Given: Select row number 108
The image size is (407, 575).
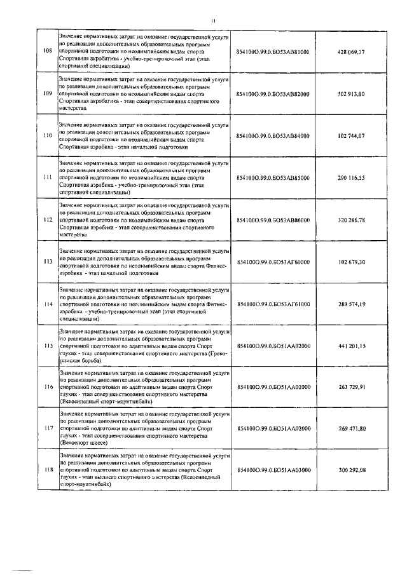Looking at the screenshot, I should coord(46,51).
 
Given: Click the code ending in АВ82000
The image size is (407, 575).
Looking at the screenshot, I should coord(272,93).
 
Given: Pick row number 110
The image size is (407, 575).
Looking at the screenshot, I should coord(46,136).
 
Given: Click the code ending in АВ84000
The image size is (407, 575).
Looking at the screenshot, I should coord(272,136).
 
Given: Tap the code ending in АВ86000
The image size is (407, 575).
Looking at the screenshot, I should coord(272,220).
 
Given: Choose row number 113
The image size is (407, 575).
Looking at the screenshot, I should coord(46,262).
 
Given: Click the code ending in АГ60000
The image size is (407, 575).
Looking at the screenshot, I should coord(272,262).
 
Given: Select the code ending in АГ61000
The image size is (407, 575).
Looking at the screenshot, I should coord(272,304).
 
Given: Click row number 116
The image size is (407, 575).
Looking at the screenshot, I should coord(46,387).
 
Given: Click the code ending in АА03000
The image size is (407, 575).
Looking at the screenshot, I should coord(272,470).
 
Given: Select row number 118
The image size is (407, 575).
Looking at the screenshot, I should coord(46,470).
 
